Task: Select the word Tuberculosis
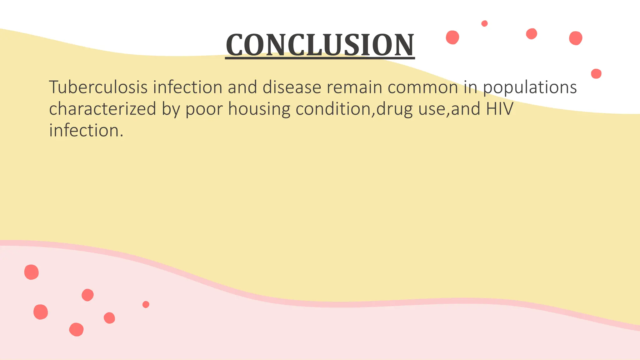(x=98, y=87)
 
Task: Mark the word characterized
(x=102, y=109)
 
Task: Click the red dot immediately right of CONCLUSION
(x=452, y=37)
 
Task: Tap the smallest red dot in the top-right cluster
(x=484, y=23)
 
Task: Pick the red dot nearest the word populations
(x=596, y=74)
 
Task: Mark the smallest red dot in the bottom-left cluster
(x=146, y=304)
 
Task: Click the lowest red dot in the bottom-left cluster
(x=76, y=329)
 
